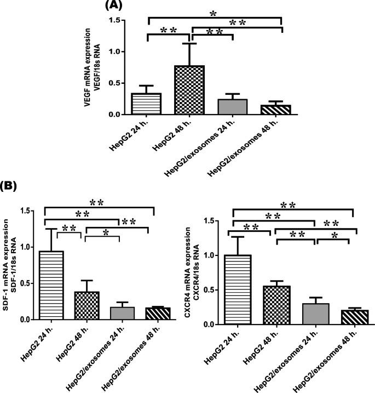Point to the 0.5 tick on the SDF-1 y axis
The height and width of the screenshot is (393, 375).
(x=21, y=283)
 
